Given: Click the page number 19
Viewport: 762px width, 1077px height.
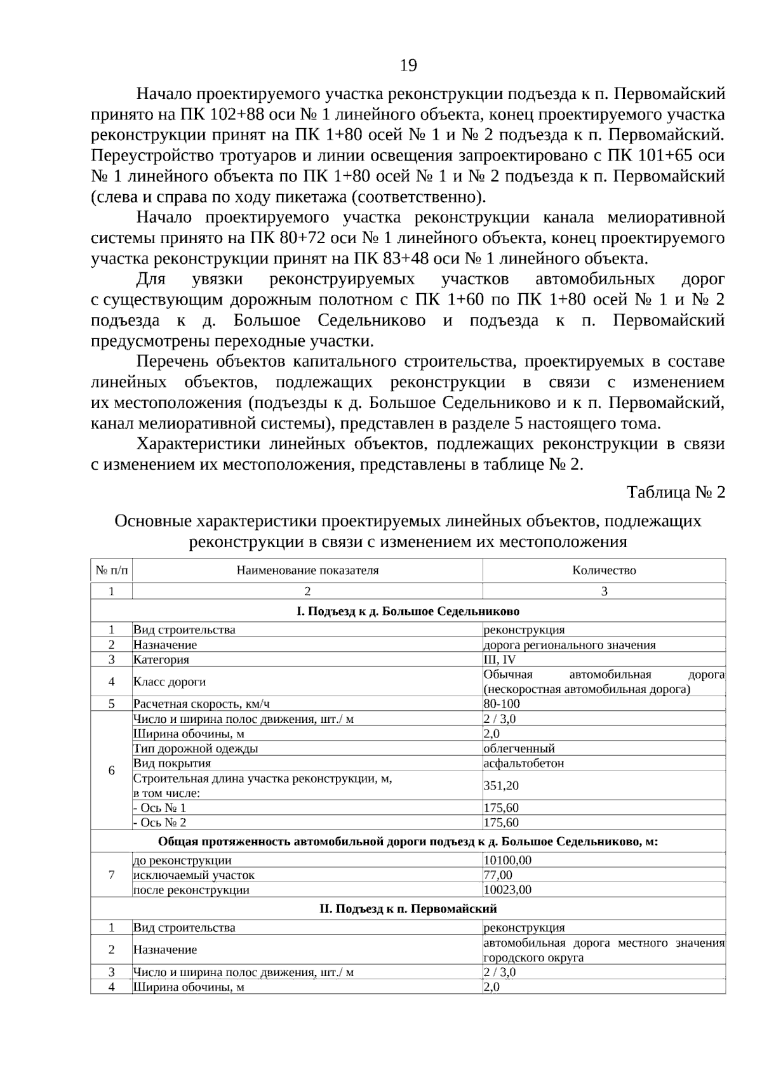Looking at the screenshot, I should (x=408, y=65).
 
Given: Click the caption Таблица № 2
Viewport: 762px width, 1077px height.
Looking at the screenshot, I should (x=676, y=492).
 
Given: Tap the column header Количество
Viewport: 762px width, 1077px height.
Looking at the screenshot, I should (x=604, y=570).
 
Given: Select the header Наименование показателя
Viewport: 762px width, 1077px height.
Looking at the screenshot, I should (x=307, y=570).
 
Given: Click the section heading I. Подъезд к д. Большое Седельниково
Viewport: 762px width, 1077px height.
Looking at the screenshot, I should (x=408, y=611).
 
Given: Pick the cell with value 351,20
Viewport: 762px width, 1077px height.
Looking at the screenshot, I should (x=502, y=786).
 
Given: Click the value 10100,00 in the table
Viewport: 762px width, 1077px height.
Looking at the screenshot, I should (x=507, y=861).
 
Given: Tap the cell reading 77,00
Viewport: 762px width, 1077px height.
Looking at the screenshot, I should (x=498, y=875).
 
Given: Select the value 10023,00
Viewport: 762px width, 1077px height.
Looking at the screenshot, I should (x=507, y=890).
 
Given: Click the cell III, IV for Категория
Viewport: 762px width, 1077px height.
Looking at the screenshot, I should (x=500, y=659).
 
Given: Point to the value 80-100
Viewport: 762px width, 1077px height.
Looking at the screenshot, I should (x=502, y=704).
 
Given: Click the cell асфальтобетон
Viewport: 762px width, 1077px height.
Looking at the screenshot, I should (x=524, y=763).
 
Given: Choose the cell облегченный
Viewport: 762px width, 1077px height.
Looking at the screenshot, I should (x=519, y=748).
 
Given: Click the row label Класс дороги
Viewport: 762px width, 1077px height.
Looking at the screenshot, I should (x=170, y=682).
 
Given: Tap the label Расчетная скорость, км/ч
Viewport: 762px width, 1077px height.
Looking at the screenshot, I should (x=206, y=704).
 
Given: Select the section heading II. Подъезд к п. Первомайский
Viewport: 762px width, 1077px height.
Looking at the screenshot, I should (x=408, y=909).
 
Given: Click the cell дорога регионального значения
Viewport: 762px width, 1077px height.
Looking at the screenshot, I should (x=570, y=645).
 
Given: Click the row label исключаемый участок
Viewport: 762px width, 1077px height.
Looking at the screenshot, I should (x=194, y=875).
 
